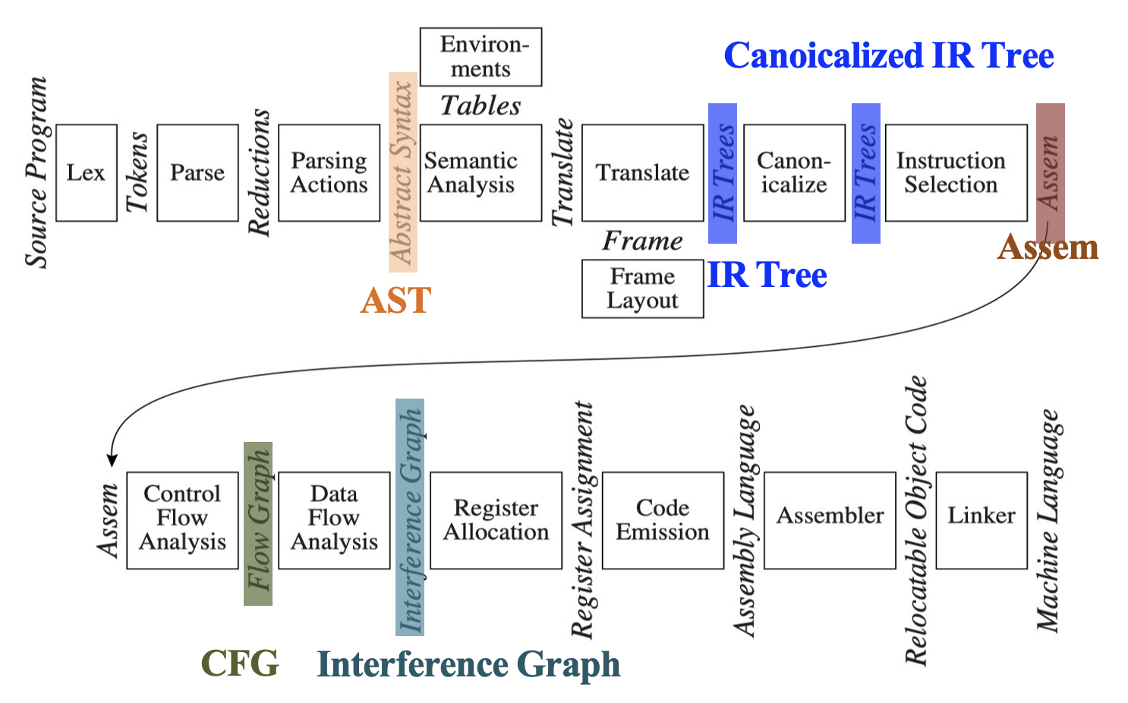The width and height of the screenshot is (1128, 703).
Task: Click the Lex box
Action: [x=87, y=173]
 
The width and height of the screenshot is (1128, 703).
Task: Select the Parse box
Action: [x=197, y=173]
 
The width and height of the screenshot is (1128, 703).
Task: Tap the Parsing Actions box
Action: [x=329, y=173]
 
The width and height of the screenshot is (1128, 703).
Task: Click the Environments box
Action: [x=481, y=57]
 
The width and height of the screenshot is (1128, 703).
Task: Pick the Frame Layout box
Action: [x=642, y=289]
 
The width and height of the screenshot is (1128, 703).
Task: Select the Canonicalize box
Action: [x=794, y=173]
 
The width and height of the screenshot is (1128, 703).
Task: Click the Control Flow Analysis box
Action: [x=182, y=520]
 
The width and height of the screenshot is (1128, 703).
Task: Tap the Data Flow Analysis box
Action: [x=334, y=520]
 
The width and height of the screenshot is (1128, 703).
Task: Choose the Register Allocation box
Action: [x=496, y=520]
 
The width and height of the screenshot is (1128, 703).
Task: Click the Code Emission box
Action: [x=663, y=520]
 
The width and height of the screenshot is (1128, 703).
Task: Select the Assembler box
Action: [x=830, y=520]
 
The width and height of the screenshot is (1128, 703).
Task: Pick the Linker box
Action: [x=981, y=520]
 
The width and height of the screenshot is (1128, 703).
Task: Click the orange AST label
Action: [x=395, y=301]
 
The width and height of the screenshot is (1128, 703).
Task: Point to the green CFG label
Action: [x=240, y=664]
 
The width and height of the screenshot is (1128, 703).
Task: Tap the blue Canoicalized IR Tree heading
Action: [x=888, y=55]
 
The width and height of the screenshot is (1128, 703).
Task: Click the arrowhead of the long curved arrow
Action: [x=112, y=460]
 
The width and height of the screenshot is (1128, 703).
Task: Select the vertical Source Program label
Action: [x=36, y=172]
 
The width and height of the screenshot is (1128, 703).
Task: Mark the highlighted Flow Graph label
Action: [x=258, y=523]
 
